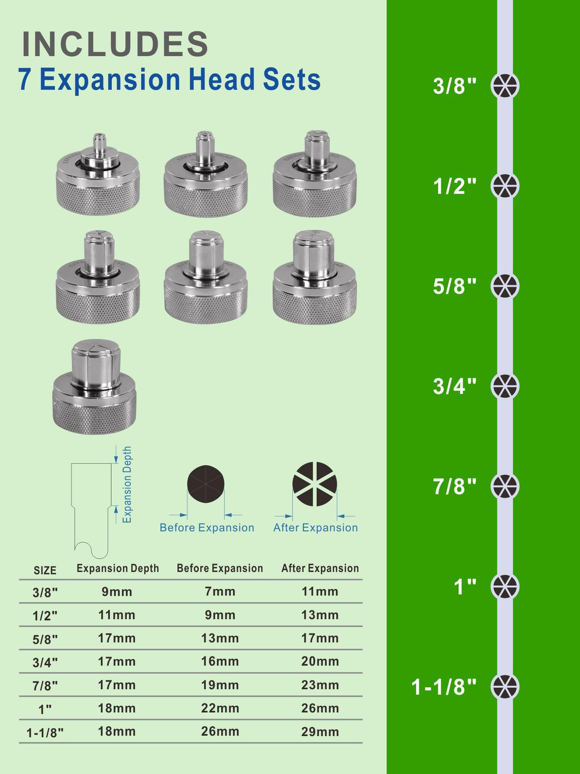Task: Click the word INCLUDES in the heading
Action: tap(115, 44)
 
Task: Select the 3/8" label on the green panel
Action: tap(454, 86)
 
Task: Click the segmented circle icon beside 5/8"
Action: tap(505, 285)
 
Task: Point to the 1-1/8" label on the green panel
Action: tap(444, 687)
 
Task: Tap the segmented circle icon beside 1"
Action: tap(505, 586)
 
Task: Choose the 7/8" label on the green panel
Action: tap(454, 487)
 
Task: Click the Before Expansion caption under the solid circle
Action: tap(207, 527)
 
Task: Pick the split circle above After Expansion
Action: tap(315, 484)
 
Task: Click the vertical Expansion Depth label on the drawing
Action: tap(127, 485)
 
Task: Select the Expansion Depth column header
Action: tap(117, 568)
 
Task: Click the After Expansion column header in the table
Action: tap(320, 568)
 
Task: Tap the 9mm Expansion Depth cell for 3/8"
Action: tap(117, 592)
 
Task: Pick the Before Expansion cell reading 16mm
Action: tap(220, 661)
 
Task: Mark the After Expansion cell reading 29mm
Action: tap(320, 732)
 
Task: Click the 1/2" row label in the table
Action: tap(45, 616)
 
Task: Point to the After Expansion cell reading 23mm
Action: tap(320, 685)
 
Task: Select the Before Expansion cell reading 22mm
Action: tap(220, 708)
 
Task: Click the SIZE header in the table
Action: tap(45, 570)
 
